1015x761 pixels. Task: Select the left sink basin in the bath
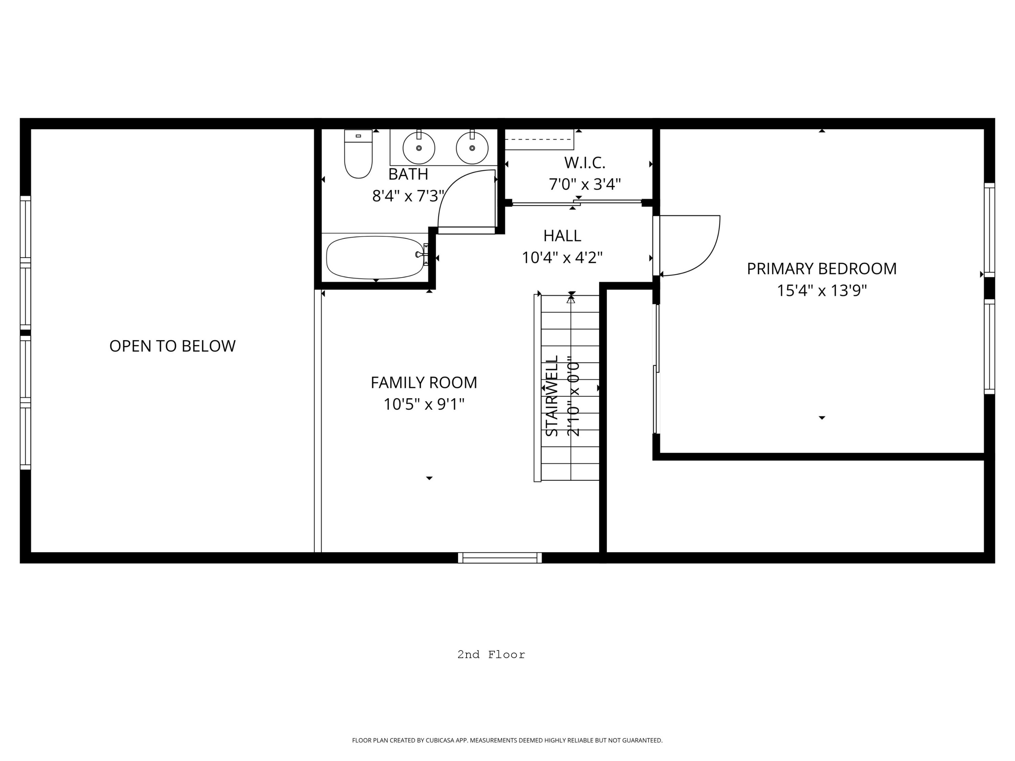pos(419,148)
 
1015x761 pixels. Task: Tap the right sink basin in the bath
pos(472,148)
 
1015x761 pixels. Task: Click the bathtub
pos(375,257)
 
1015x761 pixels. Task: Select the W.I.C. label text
pos(585,163)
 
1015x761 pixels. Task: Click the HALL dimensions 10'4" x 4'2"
pos(562,258)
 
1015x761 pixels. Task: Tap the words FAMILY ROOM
pos(424,382)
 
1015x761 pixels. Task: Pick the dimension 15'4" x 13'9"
pos(821,291)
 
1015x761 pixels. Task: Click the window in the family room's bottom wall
pos(500,558)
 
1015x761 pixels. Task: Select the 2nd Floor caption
pos(491,655)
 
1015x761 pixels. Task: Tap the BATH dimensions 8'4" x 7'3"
pos(408,196)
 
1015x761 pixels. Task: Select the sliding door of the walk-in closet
pos(576,202)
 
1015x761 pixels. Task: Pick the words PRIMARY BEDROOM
pos(821,269)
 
